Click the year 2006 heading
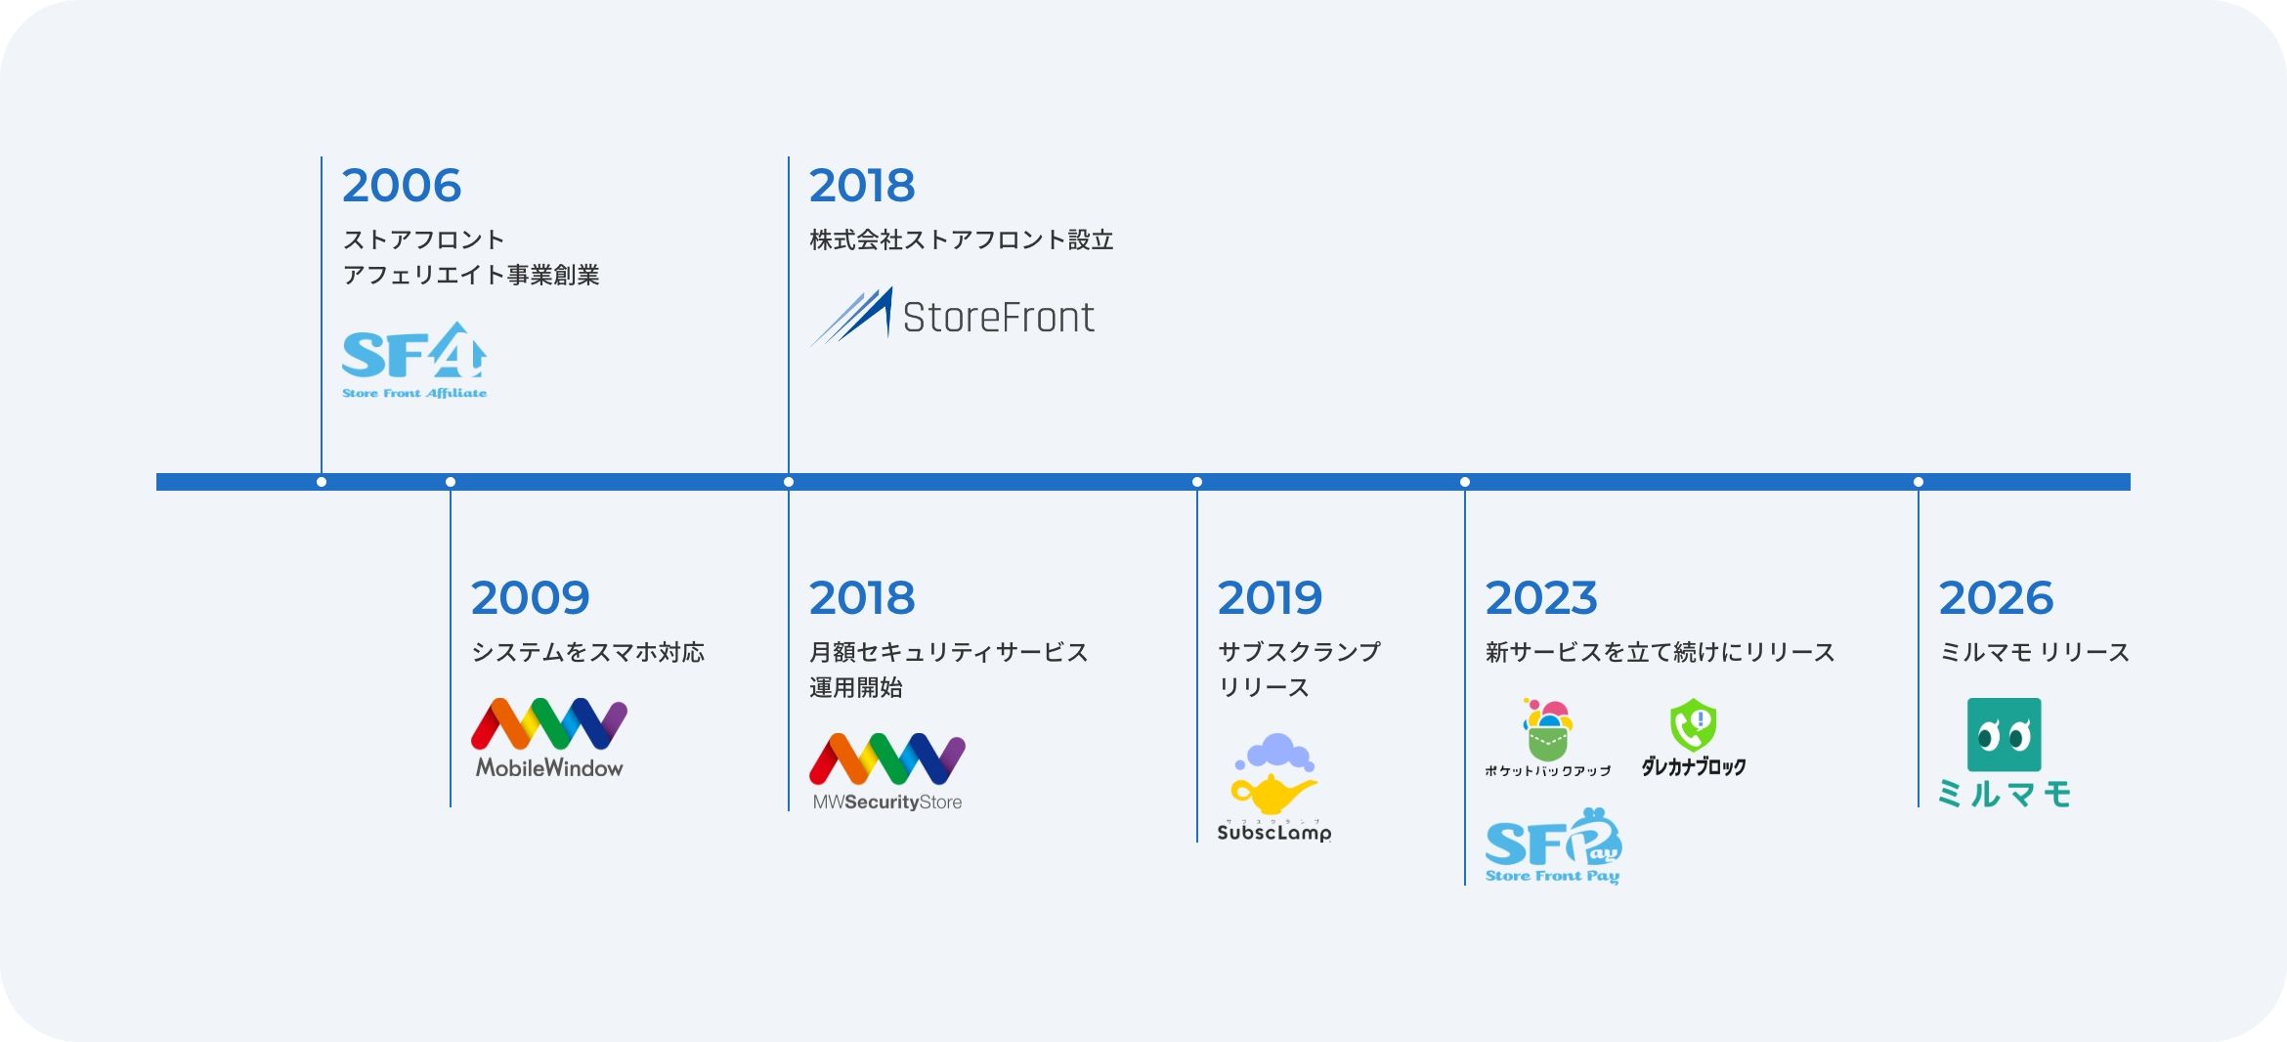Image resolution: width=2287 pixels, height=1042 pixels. click(401, 186)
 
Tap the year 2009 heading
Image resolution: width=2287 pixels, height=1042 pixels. click(530, 598)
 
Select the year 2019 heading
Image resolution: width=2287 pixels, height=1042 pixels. click(1270, 598)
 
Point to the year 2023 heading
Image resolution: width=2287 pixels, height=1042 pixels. click(1541, 598)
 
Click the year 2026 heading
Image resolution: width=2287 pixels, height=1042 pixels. click(1996, 598)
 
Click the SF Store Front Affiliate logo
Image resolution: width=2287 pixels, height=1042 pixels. click(414, 361)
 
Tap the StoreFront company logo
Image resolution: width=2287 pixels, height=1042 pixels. click(953, 316)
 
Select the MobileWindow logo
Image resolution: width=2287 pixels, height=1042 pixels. click(549, 738)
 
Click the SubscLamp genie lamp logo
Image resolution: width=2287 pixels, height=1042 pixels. click(1274, 787)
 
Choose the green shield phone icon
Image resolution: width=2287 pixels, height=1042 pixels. click(1694, 725)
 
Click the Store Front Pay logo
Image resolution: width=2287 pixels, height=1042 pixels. click(1553, 847)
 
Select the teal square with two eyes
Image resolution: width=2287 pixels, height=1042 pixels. click(2004, 734)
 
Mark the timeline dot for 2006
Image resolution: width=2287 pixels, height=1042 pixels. click(322, 482)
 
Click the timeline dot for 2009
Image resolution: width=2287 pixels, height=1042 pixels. click(451, 482)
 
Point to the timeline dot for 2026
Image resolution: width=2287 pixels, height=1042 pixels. click(1919, 482)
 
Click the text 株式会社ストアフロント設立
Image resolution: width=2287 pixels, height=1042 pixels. click(962, 240)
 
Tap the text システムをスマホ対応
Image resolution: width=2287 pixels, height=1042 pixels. click(588, 653)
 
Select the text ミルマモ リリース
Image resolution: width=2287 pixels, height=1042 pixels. click(2034, 653)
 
